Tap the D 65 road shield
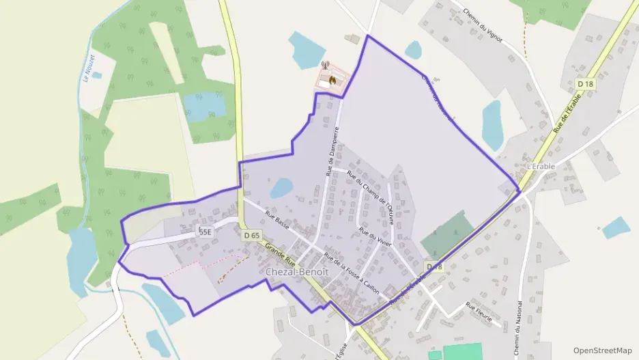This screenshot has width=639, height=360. tap(252, 235)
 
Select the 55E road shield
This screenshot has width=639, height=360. tap(205, 232)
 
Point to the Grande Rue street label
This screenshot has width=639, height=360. tap(281, 255)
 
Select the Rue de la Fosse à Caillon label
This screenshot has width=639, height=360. tap(351, 273)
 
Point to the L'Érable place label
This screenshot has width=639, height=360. tap(541, 166)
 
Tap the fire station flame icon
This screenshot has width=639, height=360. tap(332, 79)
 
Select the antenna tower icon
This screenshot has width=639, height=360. tap(325, 66)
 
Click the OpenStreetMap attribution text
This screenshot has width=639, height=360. tap(603, 350)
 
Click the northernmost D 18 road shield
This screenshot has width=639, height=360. tap(585, 83)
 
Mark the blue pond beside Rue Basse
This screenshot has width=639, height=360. tap(281, 187)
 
